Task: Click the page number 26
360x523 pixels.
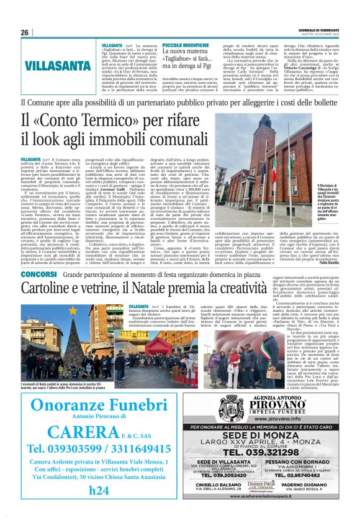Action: pos(25,32)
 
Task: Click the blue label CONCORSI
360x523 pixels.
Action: pos(39,274)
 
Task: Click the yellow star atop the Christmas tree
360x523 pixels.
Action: pos(74,309)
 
